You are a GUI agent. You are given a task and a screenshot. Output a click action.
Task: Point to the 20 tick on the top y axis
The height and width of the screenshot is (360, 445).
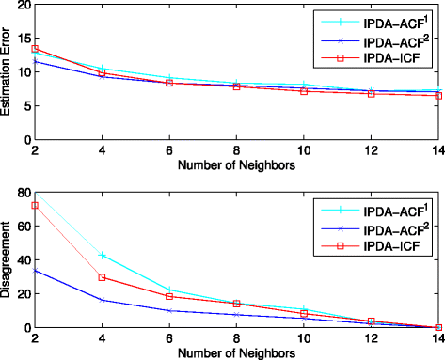(19, 6)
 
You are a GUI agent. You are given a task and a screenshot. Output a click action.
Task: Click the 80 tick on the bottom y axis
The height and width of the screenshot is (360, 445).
(19, 192)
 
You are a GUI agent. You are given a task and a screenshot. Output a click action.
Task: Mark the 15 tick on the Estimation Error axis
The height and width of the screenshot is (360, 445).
(19, 39)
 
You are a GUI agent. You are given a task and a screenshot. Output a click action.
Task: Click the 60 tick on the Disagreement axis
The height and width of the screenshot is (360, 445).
(19, 226)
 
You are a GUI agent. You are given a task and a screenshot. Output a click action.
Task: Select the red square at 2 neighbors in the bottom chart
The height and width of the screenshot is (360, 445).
(35, 205)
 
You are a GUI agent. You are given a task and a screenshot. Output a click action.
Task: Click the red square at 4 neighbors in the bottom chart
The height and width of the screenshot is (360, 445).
(101, 277)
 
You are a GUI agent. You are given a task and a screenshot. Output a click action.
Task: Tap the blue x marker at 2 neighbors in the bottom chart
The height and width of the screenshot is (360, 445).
(35, 270)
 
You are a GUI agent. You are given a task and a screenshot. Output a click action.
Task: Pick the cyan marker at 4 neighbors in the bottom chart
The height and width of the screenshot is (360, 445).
(101, 255)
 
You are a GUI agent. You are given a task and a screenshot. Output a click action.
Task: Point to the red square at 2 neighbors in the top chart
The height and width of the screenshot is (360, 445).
(35, 49)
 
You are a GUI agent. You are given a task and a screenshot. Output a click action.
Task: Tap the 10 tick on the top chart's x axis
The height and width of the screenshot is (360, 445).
(303, 152)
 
